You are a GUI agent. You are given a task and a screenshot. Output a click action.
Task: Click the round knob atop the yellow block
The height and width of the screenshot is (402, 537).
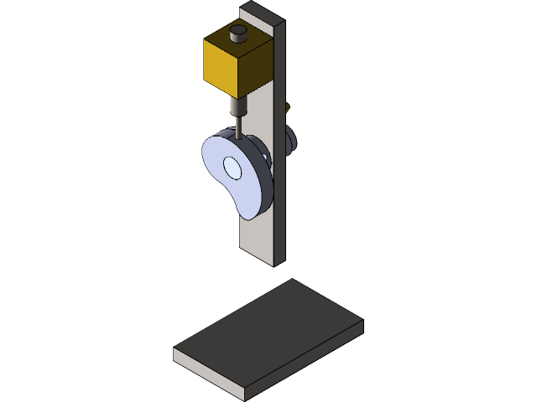[x=238, y=33]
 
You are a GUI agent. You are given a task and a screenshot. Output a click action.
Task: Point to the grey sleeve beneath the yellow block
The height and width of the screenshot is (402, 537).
[x=239, y=108]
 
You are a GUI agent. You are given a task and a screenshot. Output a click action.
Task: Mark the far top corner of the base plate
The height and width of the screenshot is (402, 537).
[x=291, y=280]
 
